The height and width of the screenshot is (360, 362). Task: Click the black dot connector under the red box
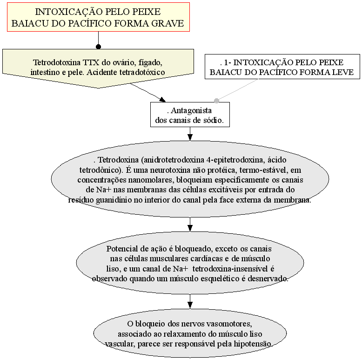pos(98,47)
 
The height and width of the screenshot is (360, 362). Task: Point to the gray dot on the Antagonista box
pos(216,101)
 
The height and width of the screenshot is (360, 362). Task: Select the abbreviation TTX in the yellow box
pos(91,62)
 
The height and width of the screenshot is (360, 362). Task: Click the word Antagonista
pos(191,110)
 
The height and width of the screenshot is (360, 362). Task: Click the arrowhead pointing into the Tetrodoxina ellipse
pos(190,137)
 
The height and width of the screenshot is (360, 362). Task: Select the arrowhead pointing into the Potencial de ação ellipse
pos(190,228)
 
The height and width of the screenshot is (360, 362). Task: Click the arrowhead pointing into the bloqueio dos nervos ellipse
pos(190,305)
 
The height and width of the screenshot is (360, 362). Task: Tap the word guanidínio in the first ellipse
pos(114,200)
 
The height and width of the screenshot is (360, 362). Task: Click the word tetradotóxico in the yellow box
pos(142,72)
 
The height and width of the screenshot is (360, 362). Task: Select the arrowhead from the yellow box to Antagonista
pos(162,100)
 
